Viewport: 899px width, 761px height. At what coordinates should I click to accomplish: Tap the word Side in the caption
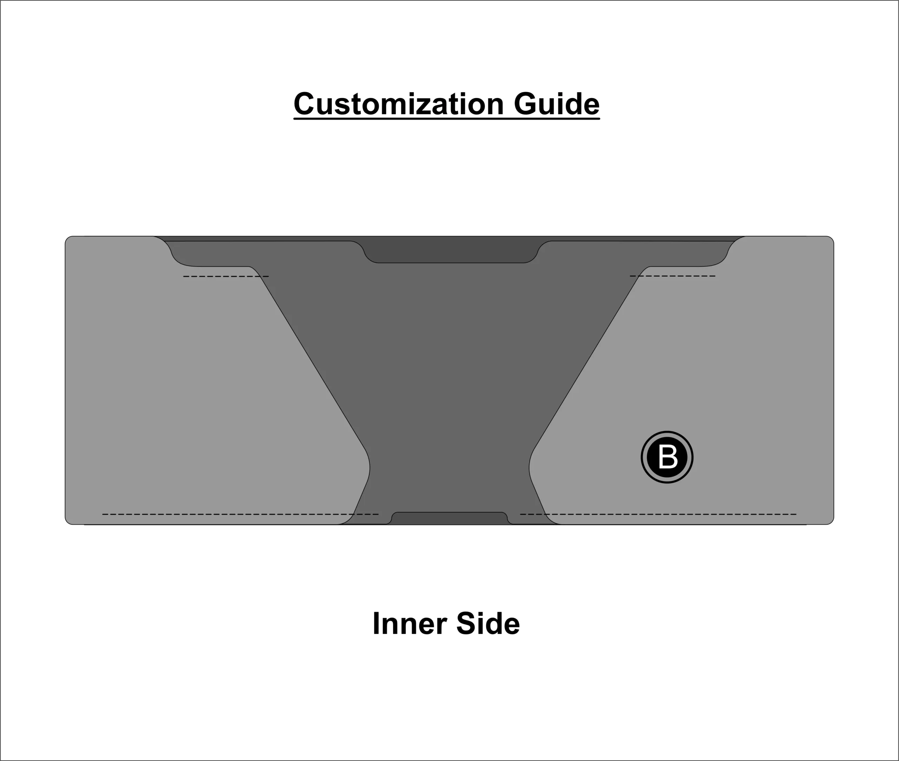click(x=488, y=624)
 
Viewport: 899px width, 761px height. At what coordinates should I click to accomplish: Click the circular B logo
click(x=667, y=457)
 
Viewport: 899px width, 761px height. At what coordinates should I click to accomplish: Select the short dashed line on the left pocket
click(x=226, y=276)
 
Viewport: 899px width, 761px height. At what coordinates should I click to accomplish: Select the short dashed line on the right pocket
click(x=672, y=276)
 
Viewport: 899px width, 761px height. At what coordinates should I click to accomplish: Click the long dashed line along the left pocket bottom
click(x=240, y=514)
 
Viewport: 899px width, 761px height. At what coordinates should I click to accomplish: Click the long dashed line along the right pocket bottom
click(x=658, y=514)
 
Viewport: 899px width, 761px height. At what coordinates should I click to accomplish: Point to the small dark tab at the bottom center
click(x=449, y=518)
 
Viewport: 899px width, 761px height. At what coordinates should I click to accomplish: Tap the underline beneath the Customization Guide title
click(x=446, y=119)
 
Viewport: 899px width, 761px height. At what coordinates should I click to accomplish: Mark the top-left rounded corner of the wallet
click(x=68, y=239)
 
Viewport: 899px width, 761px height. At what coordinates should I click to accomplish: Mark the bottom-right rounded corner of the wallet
click(x=831, y=521)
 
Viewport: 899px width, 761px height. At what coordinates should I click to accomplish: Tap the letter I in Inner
click(x=375, y=624)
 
